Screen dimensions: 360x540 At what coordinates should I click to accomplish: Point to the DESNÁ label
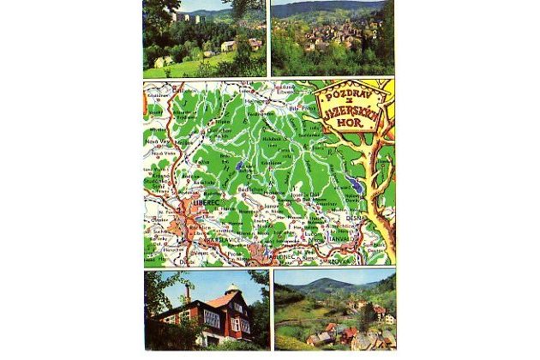(x=356, y=219)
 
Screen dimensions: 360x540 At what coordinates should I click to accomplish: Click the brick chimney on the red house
(x=187, y=292)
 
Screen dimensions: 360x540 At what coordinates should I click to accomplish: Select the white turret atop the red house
(x=233, y=290)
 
